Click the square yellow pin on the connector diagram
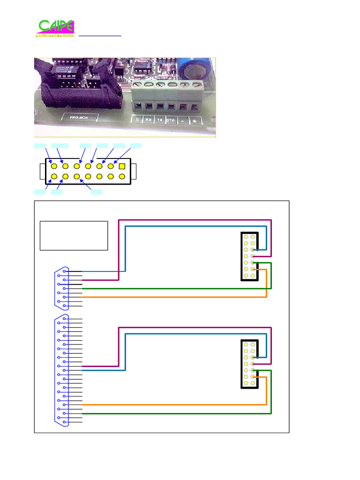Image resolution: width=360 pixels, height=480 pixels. coord(122,166)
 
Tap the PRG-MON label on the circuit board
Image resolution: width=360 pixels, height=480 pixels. coord(78,118)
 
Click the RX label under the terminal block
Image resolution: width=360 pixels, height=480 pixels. coord(148,120)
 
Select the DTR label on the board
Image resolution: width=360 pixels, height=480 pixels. coord(171,120)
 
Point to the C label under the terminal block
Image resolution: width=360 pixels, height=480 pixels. coord(137,120)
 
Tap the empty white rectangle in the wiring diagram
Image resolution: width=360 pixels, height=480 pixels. coord(74,235)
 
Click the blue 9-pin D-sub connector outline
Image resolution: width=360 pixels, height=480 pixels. coord(62,288)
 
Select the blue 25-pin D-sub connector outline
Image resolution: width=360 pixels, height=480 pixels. coord(62,370)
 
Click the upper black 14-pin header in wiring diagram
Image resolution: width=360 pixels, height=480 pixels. coord(249,256)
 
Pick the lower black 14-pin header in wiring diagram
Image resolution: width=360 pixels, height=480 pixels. coord(249,364)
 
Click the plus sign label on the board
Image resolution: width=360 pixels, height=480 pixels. coord(194,120)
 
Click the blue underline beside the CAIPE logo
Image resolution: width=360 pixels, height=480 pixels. coord(100,36)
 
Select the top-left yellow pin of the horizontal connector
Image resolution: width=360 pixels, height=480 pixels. coord(54,166)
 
